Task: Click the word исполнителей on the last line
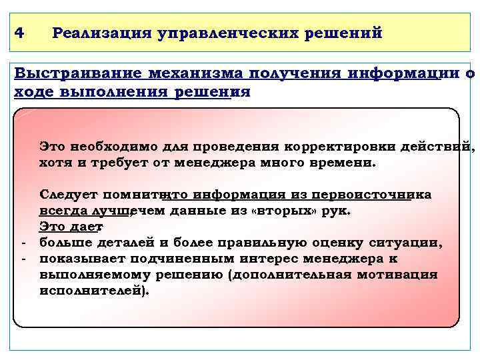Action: coord(93,291)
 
